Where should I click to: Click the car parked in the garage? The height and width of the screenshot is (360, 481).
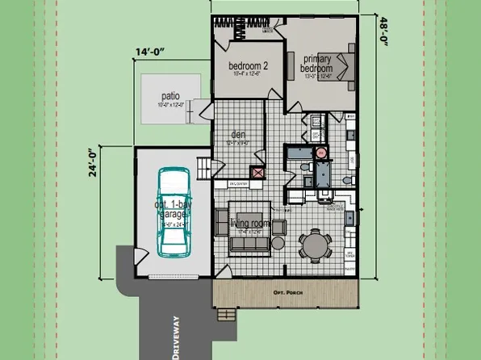pos(173,211)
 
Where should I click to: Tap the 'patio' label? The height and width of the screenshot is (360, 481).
pos(170,95)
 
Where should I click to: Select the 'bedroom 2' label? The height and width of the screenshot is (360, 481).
pos(249,66)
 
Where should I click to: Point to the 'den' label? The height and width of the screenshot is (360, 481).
pos(238,135)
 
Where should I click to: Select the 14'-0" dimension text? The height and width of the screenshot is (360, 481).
pos(150,52)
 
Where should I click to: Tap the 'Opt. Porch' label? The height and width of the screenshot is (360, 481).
pos(287,292)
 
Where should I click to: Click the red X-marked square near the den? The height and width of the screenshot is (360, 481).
pos(258,172)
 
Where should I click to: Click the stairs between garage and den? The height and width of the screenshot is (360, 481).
pos(204,170)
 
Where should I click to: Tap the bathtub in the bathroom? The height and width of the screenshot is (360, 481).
pos(323,174)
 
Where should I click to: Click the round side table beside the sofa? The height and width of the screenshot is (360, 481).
pos(278,243)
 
